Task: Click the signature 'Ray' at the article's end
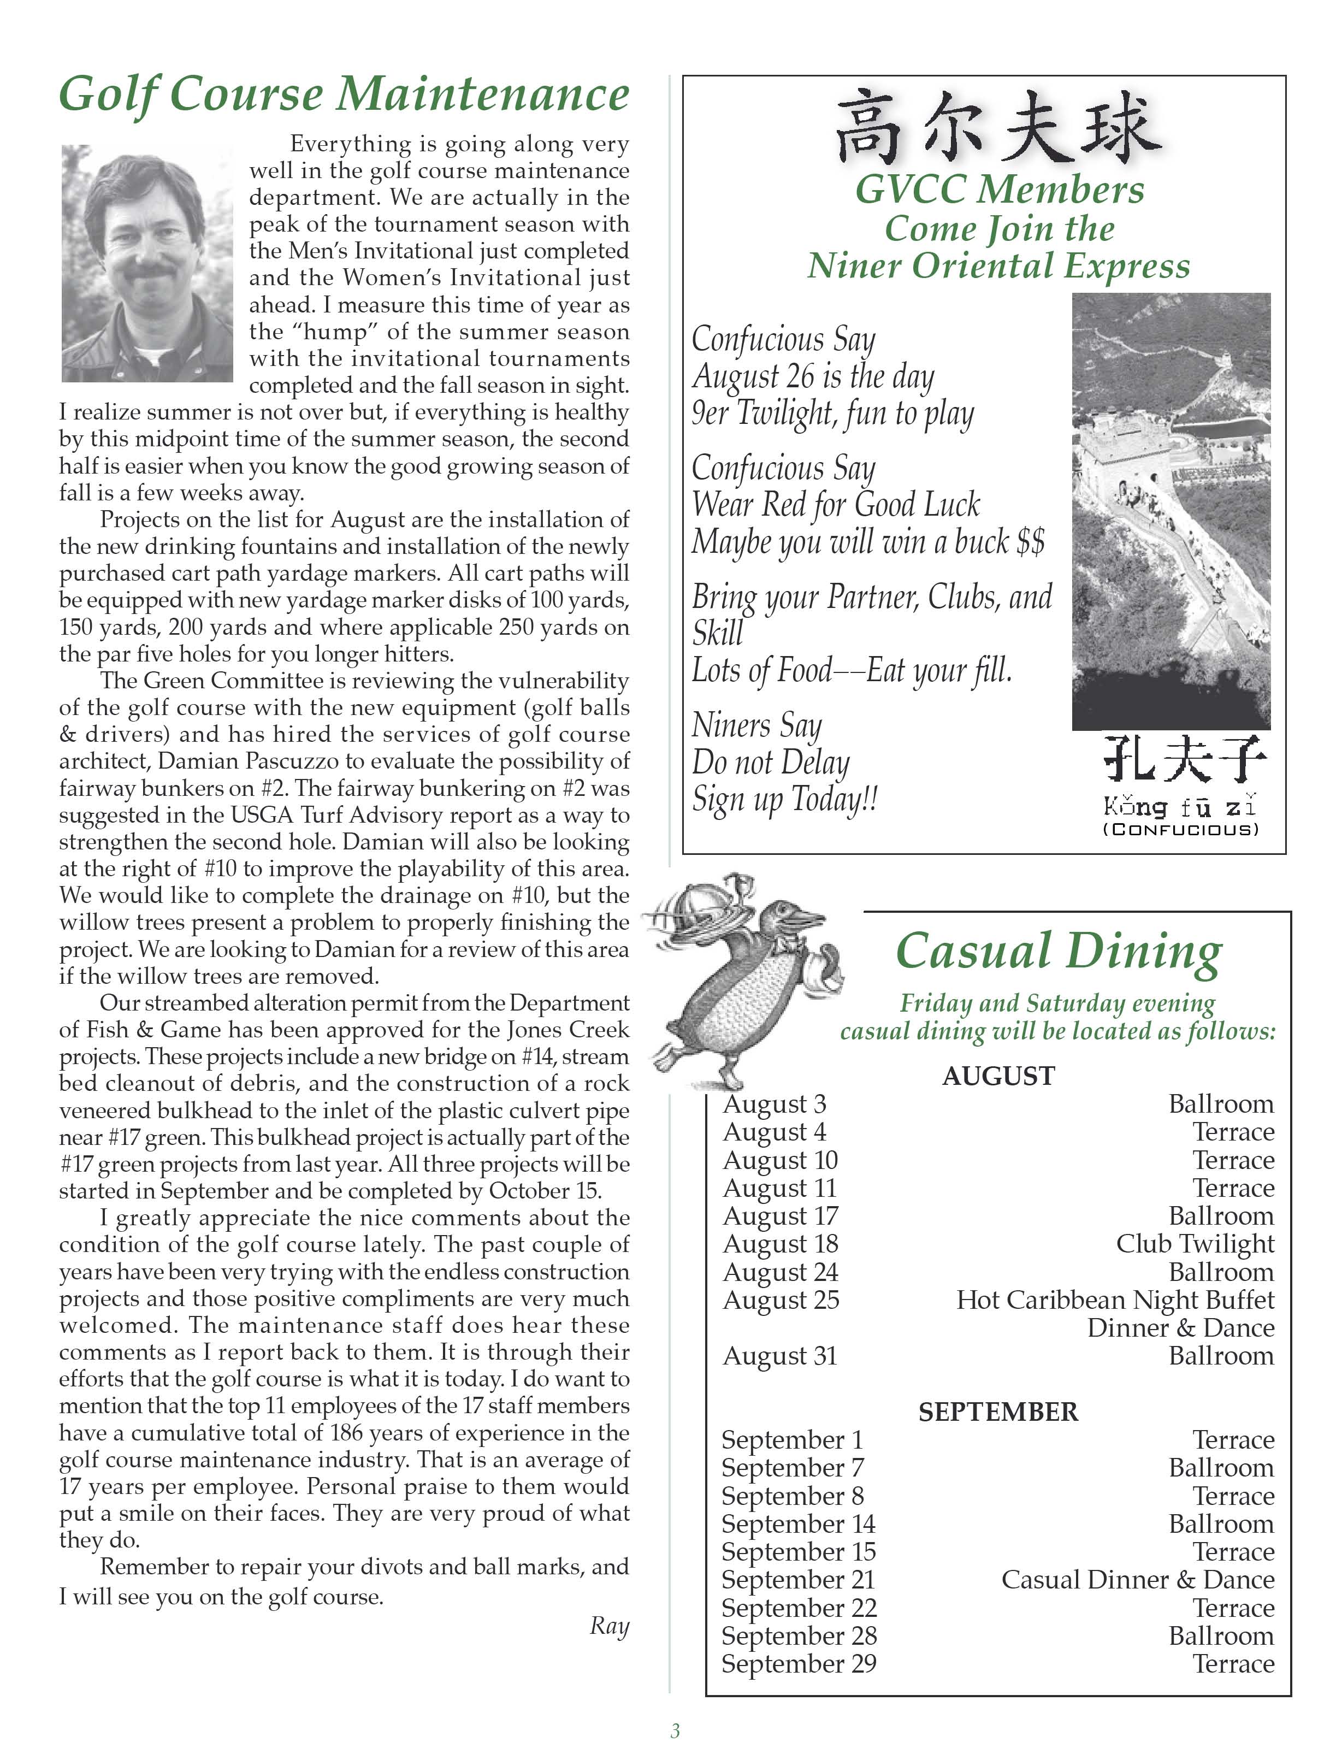tap(609, 1626)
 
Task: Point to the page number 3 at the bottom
tap(675, 1731)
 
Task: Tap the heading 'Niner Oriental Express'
tap(999, 265)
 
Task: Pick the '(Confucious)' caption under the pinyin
tap(1181, 829)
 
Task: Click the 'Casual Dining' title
tap(1059, 950)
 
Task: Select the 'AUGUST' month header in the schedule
tap(998, 1076)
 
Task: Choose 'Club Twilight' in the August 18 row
tap(1195, 1244)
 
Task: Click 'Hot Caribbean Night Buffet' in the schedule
tap(1115, 1300)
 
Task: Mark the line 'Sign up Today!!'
tap(784, 799)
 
